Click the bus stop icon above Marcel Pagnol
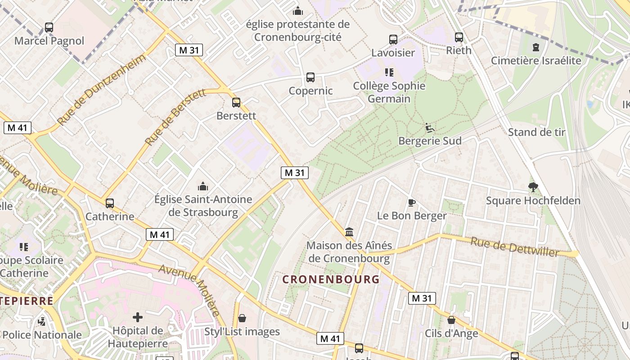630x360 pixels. (49, 27)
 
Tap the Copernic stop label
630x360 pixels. (310, 91)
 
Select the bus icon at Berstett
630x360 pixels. (236, 103)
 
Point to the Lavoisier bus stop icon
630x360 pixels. (393, 40)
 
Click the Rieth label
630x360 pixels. (459, 50)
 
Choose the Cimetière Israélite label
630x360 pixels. (536, 60)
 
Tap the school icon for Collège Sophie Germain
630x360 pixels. (389, 72)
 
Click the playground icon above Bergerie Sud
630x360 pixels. (429, 128)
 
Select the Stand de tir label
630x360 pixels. (536, 132)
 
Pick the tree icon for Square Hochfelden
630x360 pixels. (533, 187)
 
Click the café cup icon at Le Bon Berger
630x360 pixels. (411, 202)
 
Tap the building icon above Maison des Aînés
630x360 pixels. (349, 232)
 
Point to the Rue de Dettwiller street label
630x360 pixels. (514, 247)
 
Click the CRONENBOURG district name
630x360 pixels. (331, 279)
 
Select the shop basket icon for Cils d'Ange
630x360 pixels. (451, 320)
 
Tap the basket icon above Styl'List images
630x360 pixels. (242, 319)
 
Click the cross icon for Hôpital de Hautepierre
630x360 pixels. (138, 318)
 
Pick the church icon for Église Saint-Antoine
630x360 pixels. (203, 186)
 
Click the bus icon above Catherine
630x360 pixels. (110, 203)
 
